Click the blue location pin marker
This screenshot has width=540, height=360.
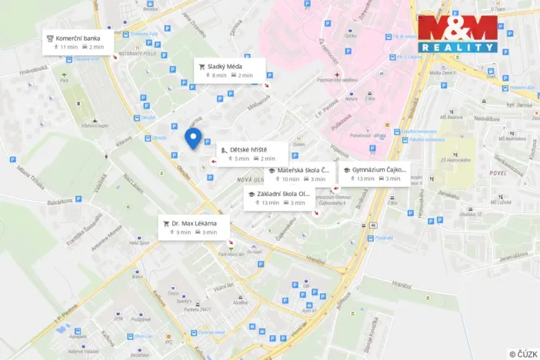point(193,138)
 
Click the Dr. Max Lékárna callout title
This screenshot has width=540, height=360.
point(194,223)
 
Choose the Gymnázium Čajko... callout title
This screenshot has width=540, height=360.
point(377,169)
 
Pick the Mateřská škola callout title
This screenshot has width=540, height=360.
point(303,170)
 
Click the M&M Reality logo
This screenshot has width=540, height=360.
point(458,34)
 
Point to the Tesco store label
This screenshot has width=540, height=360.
point(173,294)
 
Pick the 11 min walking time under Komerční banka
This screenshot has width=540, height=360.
point(68,47)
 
